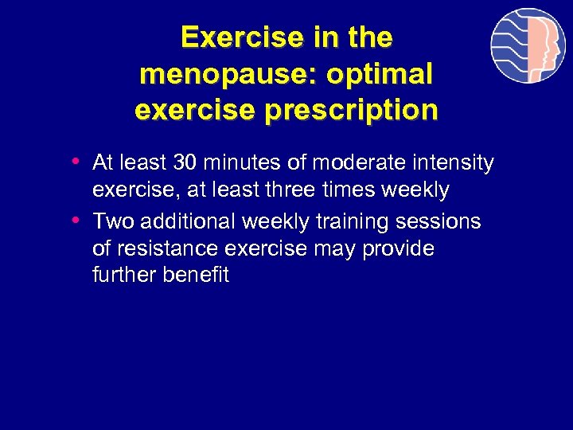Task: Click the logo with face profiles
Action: [528, 45]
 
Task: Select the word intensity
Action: [449, 163]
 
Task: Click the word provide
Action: [398, 248]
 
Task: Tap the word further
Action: [124, 276]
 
